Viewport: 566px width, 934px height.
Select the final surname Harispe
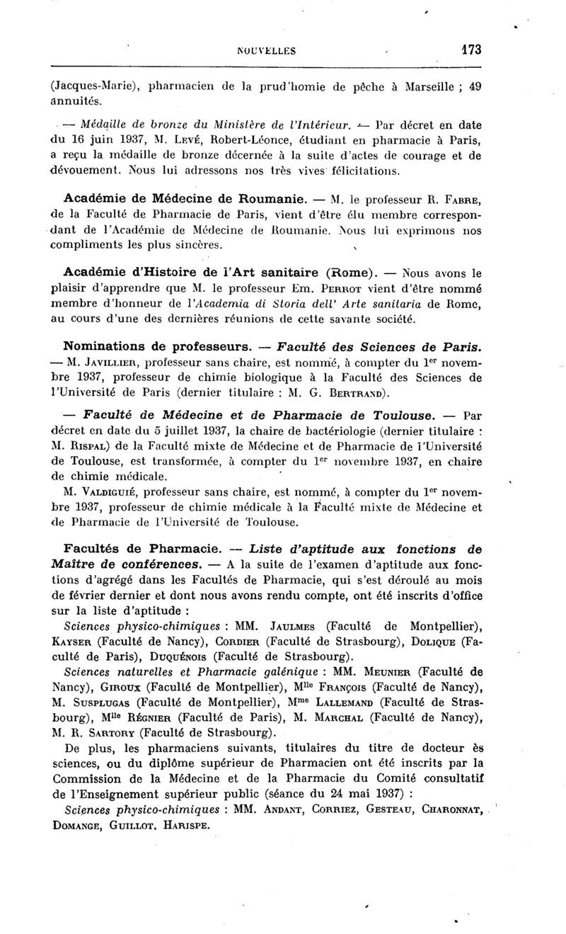point(187,826)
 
